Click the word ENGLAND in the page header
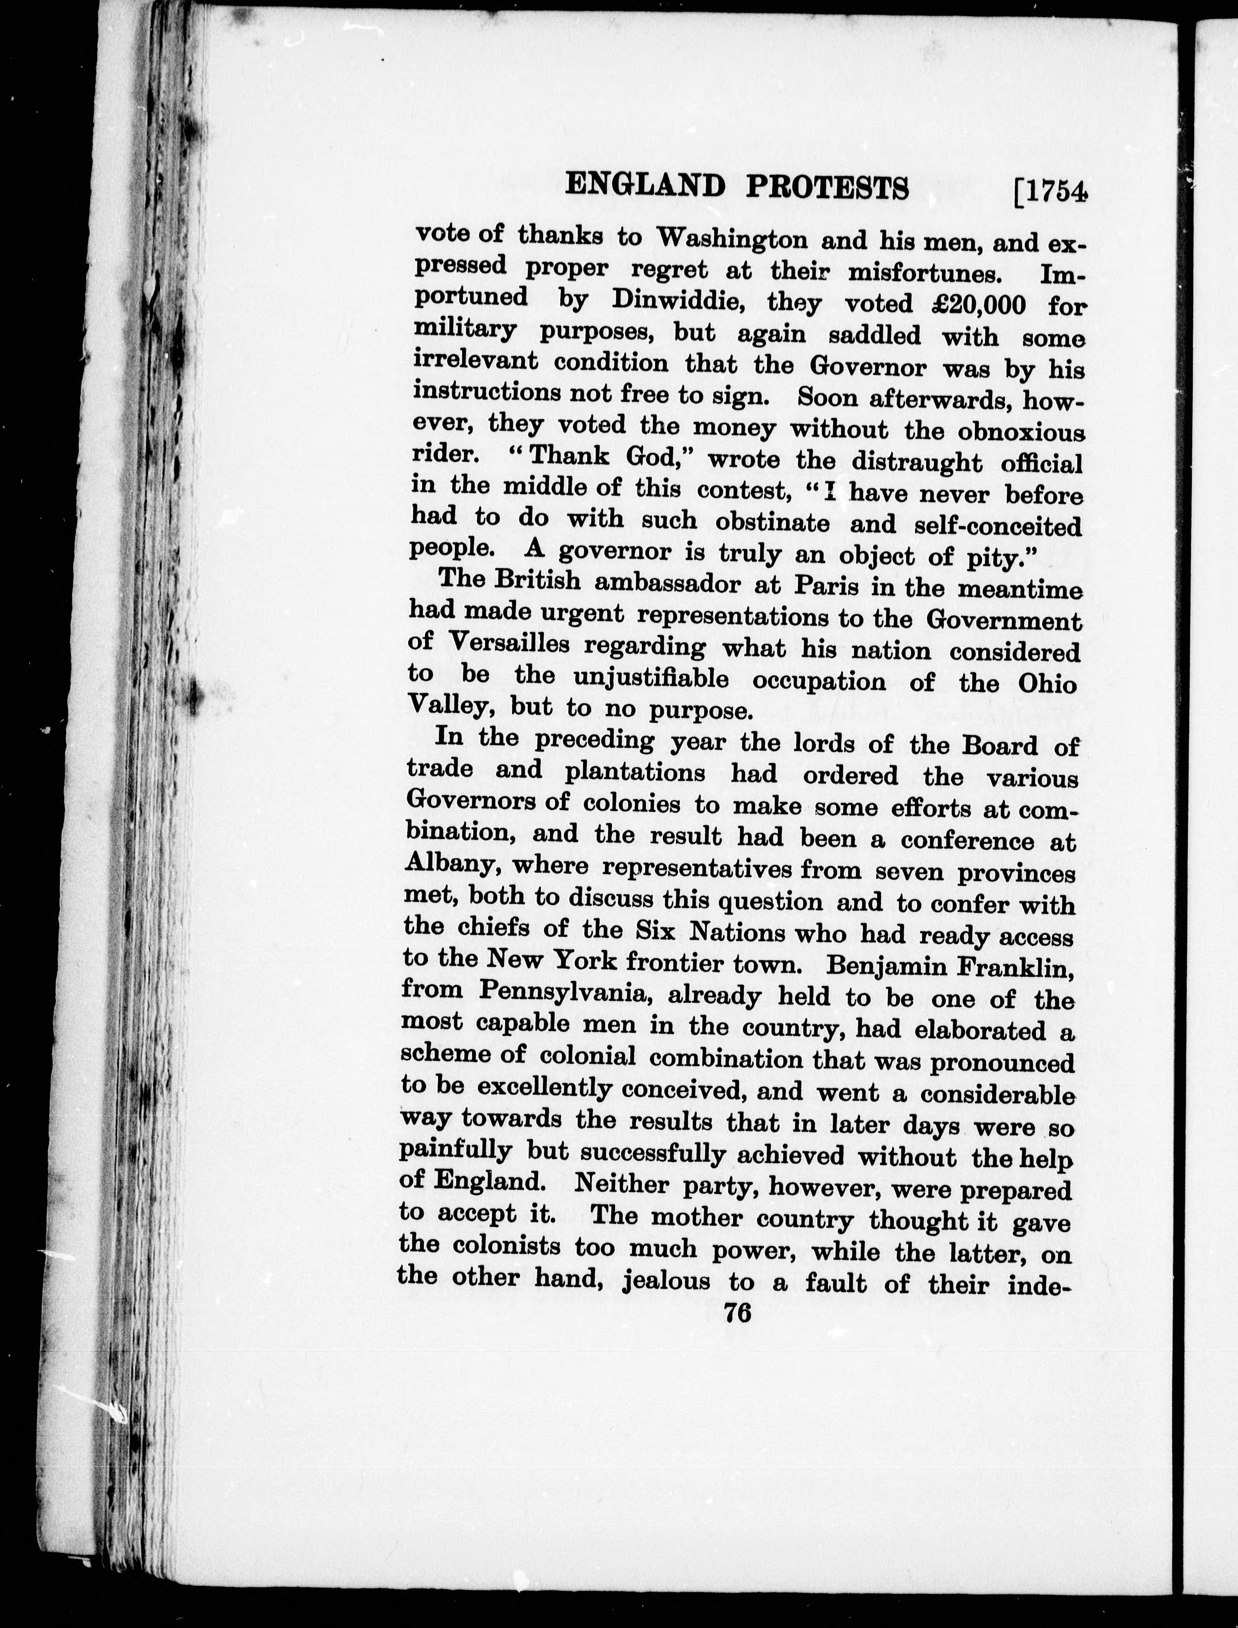pyautogui.click(x=645, y=186)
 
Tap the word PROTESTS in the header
pyautogui.click(x=827, y=189)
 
